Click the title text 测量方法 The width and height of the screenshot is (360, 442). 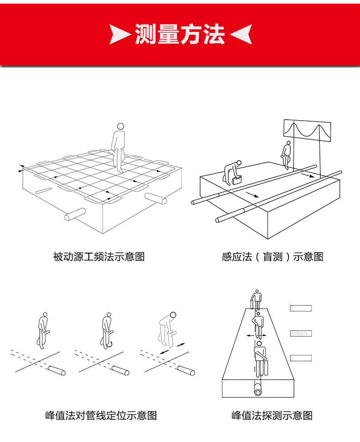(180, 34)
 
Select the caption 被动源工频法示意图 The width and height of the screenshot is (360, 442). (99, 257)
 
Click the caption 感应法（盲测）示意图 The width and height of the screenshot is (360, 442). (273, 257)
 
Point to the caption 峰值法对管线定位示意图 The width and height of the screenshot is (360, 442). (101, 415)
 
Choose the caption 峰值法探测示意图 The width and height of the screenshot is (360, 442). (272, 415)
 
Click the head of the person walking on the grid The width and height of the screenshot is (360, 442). (120, 127)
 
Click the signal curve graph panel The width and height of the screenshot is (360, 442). (307, 129)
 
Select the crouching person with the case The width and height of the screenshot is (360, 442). (232, 173)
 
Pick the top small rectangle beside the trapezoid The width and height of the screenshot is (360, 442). (301, 309)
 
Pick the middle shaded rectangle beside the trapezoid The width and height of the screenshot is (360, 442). (301, 334)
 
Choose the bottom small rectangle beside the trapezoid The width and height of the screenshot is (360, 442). (301, 358)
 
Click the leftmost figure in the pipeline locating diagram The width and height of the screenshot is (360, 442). (43, 330)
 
